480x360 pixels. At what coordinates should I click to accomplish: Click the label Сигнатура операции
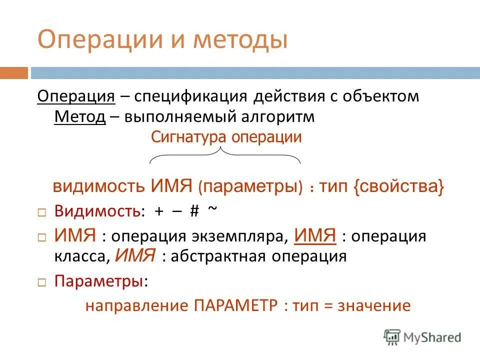[x=226, y=137]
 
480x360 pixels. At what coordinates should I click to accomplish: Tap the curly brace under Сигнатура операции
[x=225, y=156]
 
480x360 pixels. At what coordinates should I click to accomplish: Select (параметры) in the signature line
[x=250, y=187]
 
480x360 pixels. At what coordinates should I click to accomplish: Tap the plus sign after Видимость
[x=159, y=211]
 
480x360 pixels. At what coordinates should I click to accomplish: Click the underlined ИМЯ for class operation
[x=315, y=235]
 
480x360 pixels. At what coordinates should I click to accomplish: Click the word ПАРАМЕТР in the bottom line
[x=235, y=305]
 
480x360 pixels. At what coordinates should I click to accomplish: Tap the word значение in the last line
[x=374, y=305]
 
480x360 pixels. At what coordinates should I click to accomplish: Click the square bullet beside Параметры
[x=42, y=282]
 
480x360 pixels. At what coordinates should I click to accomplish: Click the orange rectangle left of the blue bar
[x=13, y=73]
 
